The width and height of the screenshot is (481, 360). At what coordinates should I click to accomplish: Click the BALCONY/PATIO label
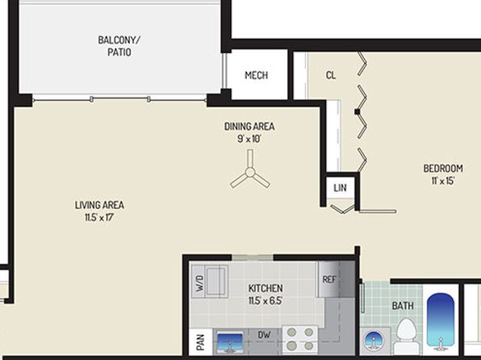[119, 46]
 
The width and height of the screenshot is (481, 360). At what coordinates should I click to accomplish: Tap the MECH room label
[257, 75]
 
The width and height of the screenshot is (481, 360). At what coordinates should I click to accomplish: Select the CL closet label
[331, 75]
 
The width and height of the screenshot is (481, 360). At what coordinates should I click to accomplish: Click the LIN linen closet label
[340, 188]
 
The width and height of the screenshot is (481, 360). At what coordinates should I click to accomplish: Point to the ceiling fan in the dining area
[250, 172]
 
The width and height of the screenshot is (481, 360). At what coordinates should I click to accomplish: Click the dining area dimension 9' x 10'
[249, 139]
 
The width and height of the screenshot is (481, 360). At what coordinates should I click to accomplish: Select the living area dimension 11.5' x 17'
[99, 218]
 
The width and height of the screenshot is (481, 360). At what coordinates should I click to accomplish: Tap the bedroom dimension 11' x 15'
[442, 181]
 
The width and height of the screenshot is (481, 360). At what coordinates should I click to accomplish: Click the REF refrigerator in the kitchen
[329, 279]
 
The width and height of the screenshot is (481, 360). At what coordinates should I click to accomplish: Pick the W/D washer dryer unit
[210, 282]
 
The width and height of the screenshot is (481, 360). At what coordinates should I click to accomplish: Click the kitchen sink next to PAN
[230, 342]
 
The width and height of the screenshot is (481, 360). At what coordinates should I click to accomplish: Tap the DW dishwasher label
[264, 335]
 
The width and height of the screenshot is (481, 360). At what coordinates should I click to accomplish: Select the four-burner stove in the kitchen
[300, 339]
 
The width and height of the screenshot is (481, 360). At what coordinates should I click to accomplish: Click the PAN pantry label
[201, 342]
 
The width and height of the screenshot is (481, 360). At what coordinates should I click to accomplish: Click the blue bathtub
[441, 324]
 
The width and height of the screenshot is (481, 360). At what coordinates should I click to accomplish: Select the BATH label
[403, 306]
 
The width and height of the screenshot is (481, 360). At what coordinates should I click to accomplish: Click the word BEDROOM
[443, 169]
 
